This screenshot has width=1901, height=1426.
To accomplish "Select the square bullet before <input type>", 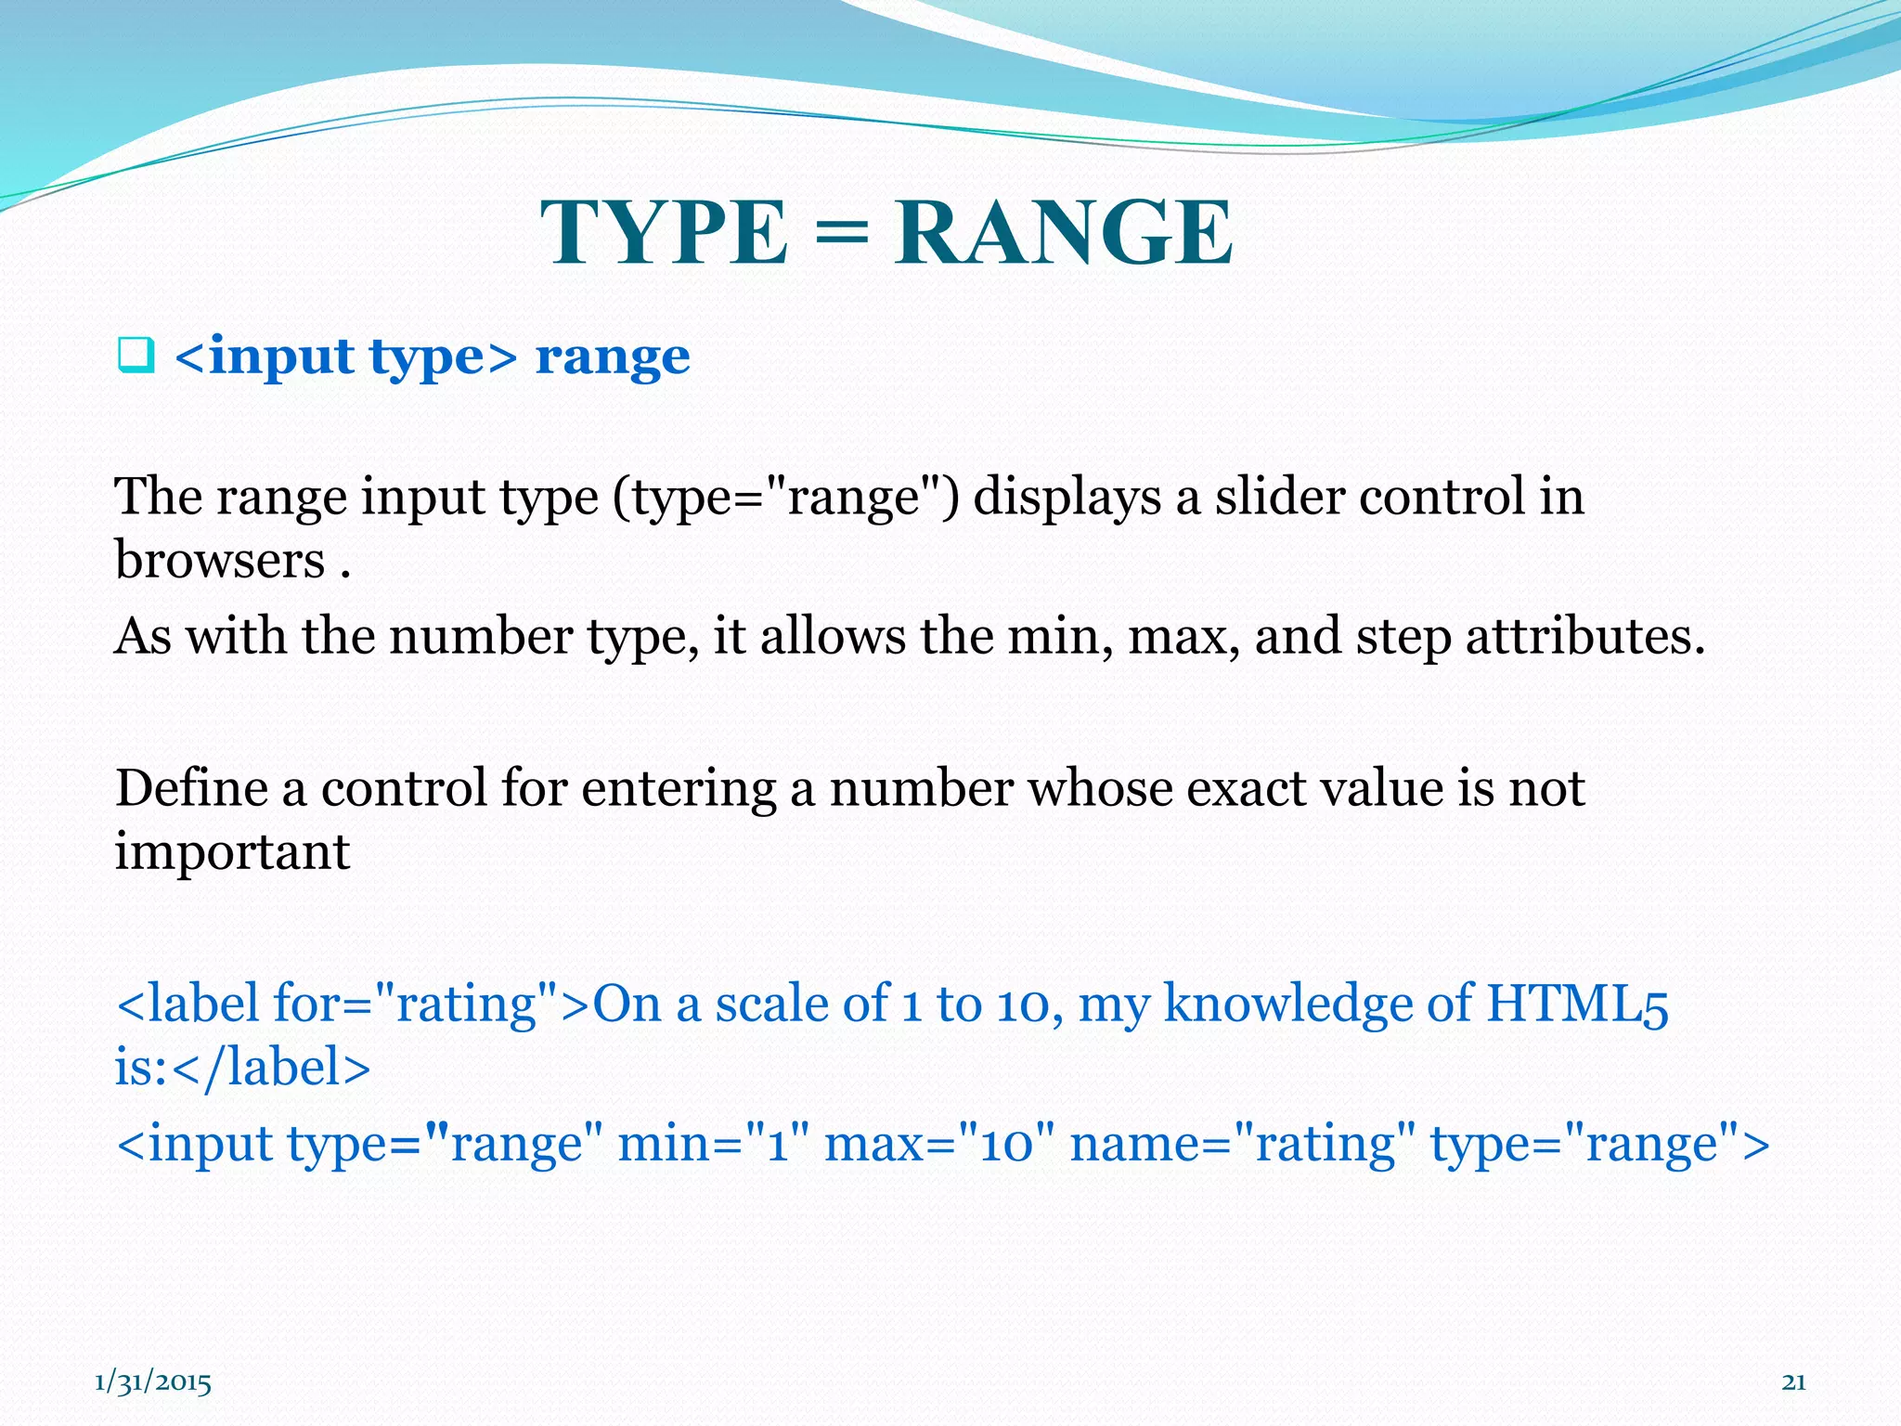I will (x=136, y=356).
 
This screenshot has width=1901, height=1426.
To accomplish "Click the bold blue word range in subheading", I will (x=613, y=356).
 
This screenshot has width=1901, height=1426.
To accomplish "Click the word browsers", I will (x=220, y=560).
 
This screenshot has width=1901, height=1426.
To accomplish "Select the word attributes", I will (x=1584, y=637).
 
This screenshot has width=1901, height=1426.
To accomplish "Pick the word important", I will (x=232, y=852).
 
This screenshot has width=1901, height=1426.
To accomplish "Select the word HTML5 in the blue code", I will (x=1577, y=1004).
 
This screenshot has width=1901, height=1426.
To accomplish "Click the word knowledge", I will (x=1287, y=1005).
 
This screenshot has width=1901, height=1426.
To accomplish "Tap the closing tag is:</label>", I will (x=242, y=1067).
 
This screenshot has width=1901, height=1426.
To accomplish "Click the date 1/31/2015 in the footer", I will (x=153, y=1382).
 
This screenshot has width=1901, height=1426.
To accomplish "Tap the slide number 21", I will (x=1793, y=1382).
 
